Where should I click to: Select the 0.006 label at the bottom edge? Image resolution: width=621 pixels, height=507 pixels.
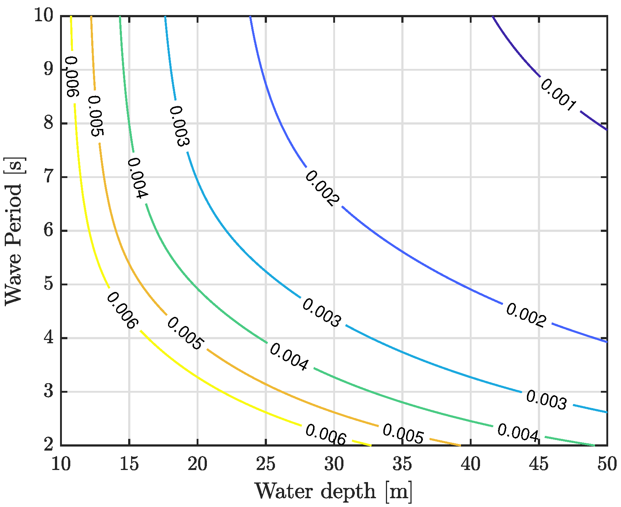[x=326, y=435]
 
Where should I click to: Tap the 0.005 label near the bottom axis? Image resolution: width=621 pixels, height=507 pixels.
[x=403, y=434]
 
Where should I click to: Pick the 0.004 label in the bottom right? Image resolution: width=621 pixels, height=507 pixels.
[x=518, y=433]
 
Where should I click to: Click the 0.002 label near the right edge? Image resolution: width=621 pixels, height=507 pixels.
[x=526, y=315]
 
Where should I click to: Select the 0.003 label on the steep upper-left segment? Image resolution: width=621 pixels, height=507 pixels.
[x=179, y=126]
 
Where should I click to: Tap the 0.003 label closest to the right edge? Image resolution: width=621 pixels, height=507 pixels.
[x=546, y=400]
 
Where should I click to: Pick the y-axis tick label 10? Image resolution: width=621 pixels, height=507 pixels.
[x=44, y=16]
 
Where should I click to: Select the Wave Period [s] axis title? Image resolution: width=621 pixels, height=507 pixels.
[x=14, y=231]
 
